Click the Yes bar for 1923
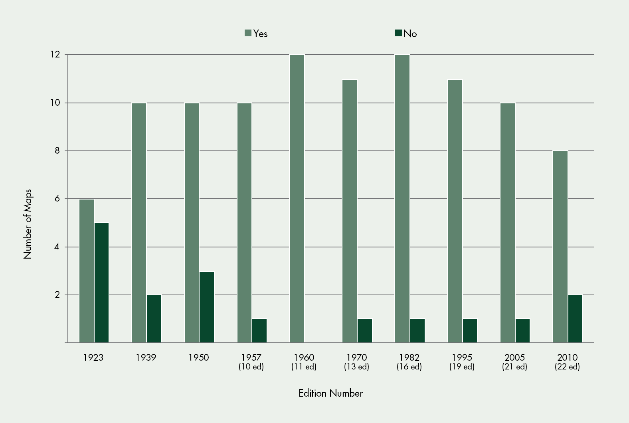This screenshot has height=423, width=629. tap(87, 271)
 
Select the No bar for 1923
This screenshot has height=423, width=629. tap(102, 283)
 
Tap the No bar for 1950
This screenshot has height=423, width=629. tap(207, 307)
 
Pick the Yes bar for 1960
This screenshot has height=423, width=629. tap(297, 199)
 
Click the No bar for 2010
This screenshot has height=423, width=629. tap(576, 319)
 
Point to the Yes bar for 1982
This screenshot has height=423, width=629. tap(402, 199)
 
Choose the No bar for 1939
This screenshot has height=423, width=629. tap(154, 319)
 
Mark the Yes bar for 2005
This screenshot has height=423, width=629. tap(508, 223)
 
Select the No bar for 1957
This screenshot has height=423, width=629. tap(259, 331)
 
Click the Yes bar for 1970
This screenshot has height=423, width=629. tap(350, 211)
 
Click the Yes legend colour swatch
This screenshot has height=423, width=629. tap(248, 33)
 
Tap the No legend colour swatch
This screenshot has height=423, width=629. tap(398, 33)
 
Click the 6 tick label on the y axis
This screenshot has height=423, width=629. tap(57, 199)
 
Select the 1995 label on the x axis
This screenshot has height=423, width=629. tap(462, 358)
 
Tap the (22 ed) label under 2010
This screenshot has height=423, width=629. tap(567, 367)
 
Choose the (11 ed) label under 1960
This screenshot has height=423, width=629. tap(304, 367)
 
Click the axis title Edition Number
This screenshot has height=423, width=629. tap(331, 393)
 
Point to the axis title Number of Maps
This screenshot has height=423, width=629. tap(28, 224)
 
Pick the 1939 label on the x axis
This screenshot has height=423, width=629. tap(146, 358)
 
